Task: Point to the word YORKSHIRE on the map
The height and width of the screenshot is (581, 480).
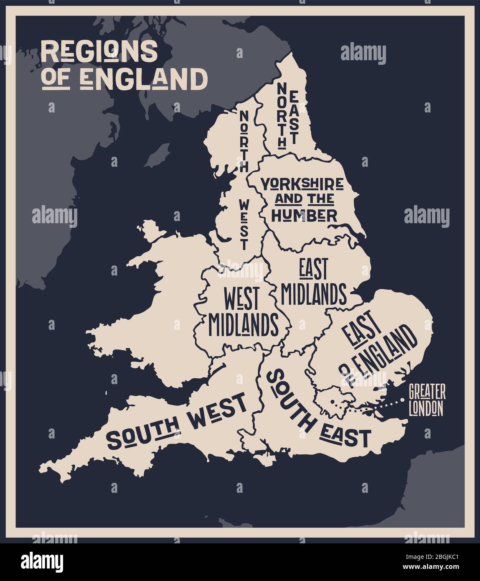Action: (x=302, y=183)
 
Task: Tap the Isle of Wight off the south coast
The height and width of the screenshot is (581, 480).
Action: (x=267, y=459)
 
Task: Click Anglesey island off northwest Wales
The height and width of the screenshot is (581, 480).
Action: (x=147, y=229)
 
